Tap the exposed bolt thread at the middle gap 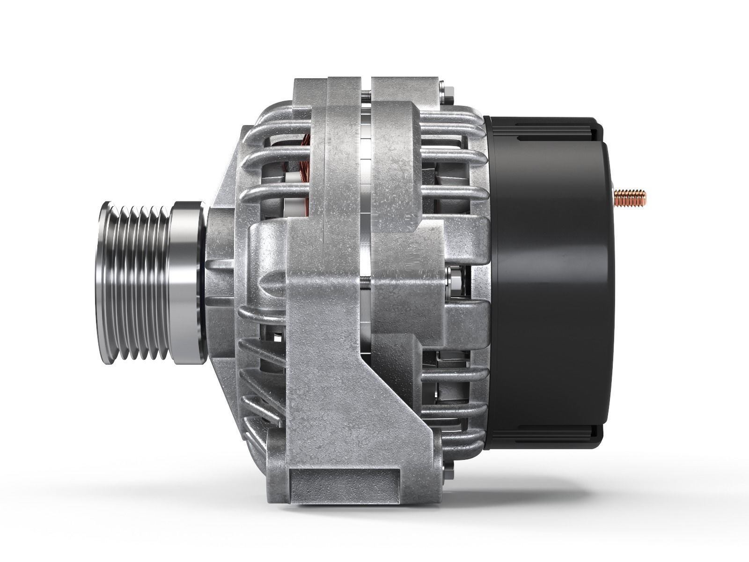point(367,281)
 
